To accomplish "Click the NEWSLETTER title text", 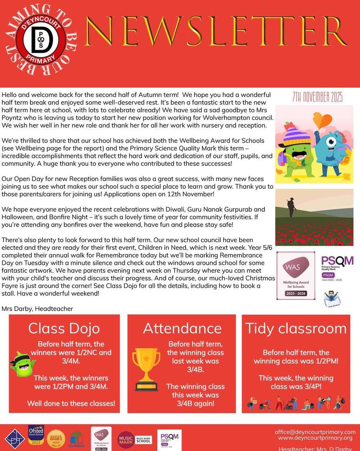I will click(x=217, y=32).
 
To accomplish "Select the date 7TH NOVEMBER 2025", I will click(x=317, y=98).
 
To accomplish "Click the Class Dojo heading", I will click(x=64, y=328).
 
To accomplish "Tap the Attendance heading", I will click(x=181, y=328).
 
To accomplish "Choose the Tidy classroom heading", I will click(x=296, y=328).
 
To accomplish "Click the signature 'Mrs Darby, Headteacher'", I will click(x=37, y=309).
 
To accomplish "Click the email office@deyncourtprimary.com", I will click(x=315, y=432).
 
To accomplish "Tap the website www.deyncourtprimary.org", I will click(x=315, y=438).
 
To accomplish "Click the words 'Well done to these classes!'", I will click(x=71, y=403).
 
